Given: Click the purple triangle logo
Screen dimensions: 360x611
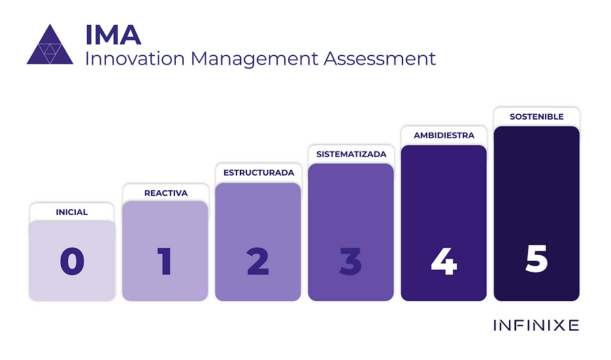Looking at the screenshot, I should pyautogui.click(x=50, y=46).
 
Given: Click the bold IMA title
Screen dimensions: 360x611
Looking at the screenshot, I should pyautogui.click(x=113, y=34).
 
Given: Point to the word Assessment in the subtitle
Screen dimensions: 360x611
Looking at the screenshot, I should pyautogui.click(x=380, y=58).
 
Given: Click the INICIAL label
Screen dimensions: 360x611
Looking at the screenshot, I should pyautogui.click(x=72, y=212).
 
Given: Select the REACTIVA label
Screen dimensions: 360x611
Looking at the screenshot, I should pyautogui.click(x=165, y=193).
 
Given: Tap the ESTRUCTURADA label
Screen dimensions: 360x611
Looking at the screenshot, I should pyautogui.click(x=258, y=173).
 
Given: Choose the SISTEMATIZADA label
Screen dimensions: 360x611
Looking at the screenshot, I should pyautogui.click(x=351, y=154).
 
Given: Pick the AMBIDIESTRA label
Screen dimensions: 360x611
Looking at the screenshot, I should pyautogui.click(x=444, y=135).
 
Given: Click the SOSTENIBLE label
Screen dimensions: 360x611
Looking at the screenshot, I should pyautogui.click(x=537, y=116).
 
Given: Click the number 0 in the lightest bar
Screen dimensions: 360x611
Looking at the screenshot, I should pyautogui.click(x=72, y=262).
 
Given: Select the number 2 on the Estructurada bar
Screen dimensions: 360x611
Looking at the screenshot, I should pyautogui.click(x=258, y=262).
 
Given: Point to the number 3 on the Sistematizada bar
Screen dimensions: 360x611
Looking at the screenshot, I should pyautogui.click(x=351, y=262).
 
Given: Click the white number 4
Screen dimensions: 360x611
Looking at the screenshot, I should pyautogui.click(x=444, y=262).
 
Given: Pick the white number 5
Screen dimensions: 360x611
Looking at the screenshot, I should pyautogui.click(x=537, y=259).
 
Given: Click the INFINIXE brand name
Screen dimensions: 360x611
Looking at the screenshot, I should pyautogui.click(x=536, y=325).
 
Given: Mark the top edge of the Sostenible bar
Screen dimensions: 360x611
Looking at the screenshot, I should pyautogui.click(x=537, y=127).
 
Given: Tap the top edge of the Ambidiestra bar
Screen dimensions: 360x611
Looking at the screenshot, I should pyautogui.click(x=444, y=146).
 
